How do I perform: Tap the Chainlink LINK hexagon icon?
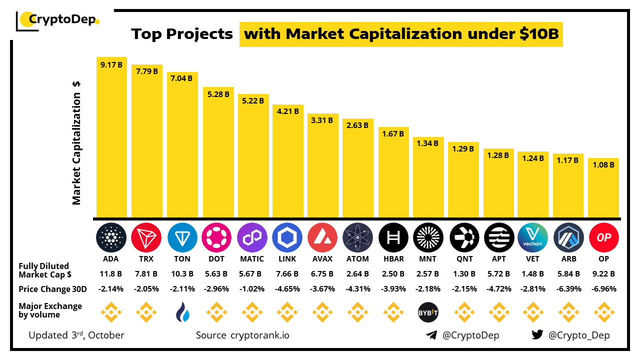coord(287,237)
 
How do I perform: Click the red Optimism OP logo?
coord(604,237)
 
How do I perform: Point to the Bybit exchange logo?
coord(428,313)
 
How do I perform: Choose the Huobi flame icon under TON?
coord(182,313)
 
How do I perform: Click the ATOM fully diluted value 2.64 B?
coord(357,273)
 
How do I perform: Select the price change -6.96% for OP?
coord(604,289)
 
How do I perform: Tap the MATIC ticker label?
coord(252,259)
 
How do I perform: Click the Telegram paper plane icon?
coord(431,335)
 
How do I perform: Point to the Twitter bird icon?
coord(537,335)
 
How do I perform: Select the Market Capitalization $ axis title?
coord(76,142)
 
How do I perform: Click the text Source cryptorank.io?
coord(242,335)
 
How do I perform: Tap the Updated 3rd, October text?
coord(76,335)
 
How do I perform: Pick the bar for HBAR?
coord(393,172)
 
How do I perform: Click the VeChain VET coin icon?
coord(533,237)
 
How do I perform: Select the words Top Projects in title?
coord(182,34)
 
